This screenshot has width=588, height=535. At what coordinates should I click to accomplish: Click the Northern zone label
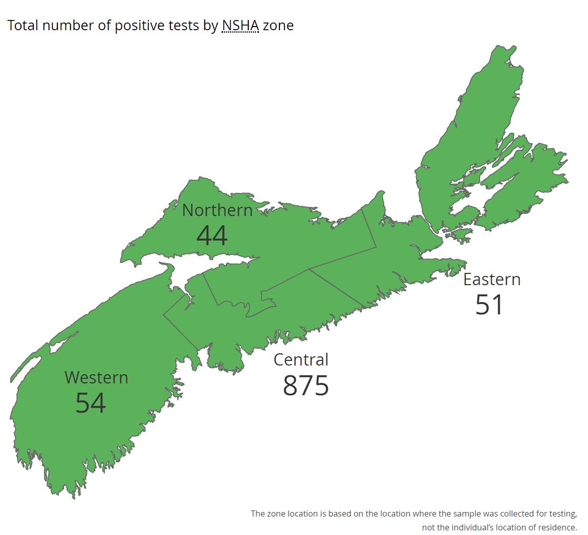tap(217, 210)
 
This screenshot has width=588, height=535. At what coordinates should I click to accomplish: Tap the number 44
tap(212, 236)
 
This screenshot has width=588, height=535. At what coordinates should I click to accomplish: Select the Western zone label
tap(96, 377)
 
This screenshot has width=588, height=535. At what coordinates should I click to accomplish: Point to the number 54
tap(91, 403)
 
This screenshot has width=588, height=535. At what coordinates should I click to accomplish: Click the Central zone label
tap(301, 359)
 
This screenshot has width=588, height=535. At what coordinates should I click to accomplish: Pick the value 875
tap(306, 386)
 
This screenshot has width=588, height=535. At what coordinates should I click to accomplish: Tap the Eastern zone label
tap(492, 279)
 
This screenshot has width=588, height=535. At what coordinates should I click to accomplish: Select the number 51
tap(489, 305)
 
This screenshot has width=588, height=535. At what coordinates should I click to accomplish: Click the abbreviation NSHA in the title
tap(240, 25)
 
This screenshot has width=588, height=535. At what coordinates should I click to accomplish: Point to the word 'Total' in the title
tap(23, 25)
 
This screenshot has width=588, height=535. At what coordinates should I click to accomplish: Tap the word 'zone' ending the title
tap(278, 25)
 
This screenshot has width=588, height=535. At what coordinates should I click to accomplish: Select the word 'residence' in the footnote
tap(556, 527)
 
